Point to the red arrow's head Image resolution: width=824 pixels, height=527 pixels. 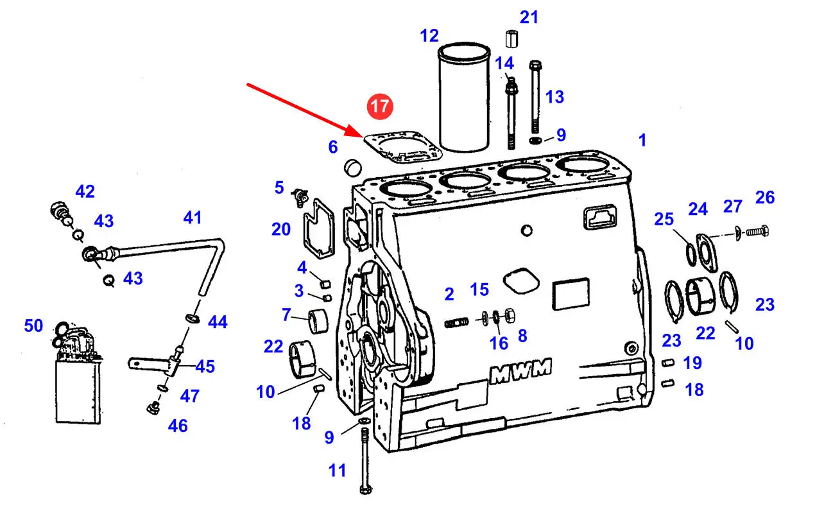[361, 135]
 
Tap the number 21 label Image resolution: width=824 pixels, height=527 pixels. [529, 17]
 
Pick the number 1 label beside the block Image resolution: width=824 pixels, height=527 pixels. [642, 140]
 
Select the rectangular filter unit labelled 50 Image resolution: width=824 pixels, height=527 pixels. [78, 388]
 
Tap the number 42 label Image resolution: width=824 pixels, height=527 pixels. [85, 191]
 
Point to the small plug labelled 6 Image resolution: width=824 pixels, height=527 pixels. [352, 168]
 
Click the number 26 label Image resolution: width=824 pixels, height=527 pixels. [764, 197]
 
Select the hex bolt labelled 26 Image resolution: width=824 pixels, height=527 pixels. [757, 230]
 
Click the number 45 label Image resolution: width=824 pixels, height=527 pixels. [205, 367]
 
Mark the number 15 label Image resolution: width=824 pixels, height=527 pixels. [479, 289]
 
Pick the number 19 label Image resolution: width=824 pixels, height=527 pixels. [692, 363]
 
